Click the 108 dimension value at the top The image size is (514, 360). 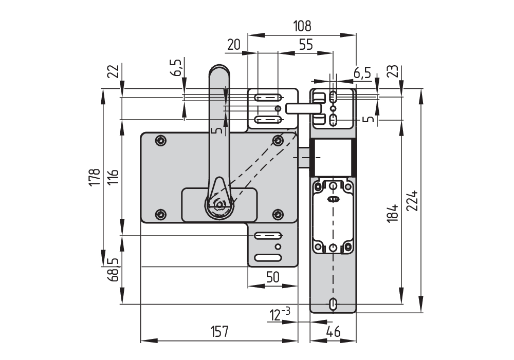302,26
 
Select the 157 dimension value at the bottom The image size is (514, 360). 219,332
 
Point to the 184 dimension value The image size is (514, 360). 392,213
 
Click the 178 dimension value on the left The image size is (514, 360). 95,177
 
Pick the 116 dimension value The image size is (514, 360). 113,177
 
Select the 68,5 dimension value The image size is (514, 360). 113,270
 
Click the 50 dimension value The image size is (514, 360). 273,277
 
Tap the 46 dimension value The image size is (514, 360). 334,332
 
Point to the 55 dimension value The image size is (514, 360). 306,45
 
